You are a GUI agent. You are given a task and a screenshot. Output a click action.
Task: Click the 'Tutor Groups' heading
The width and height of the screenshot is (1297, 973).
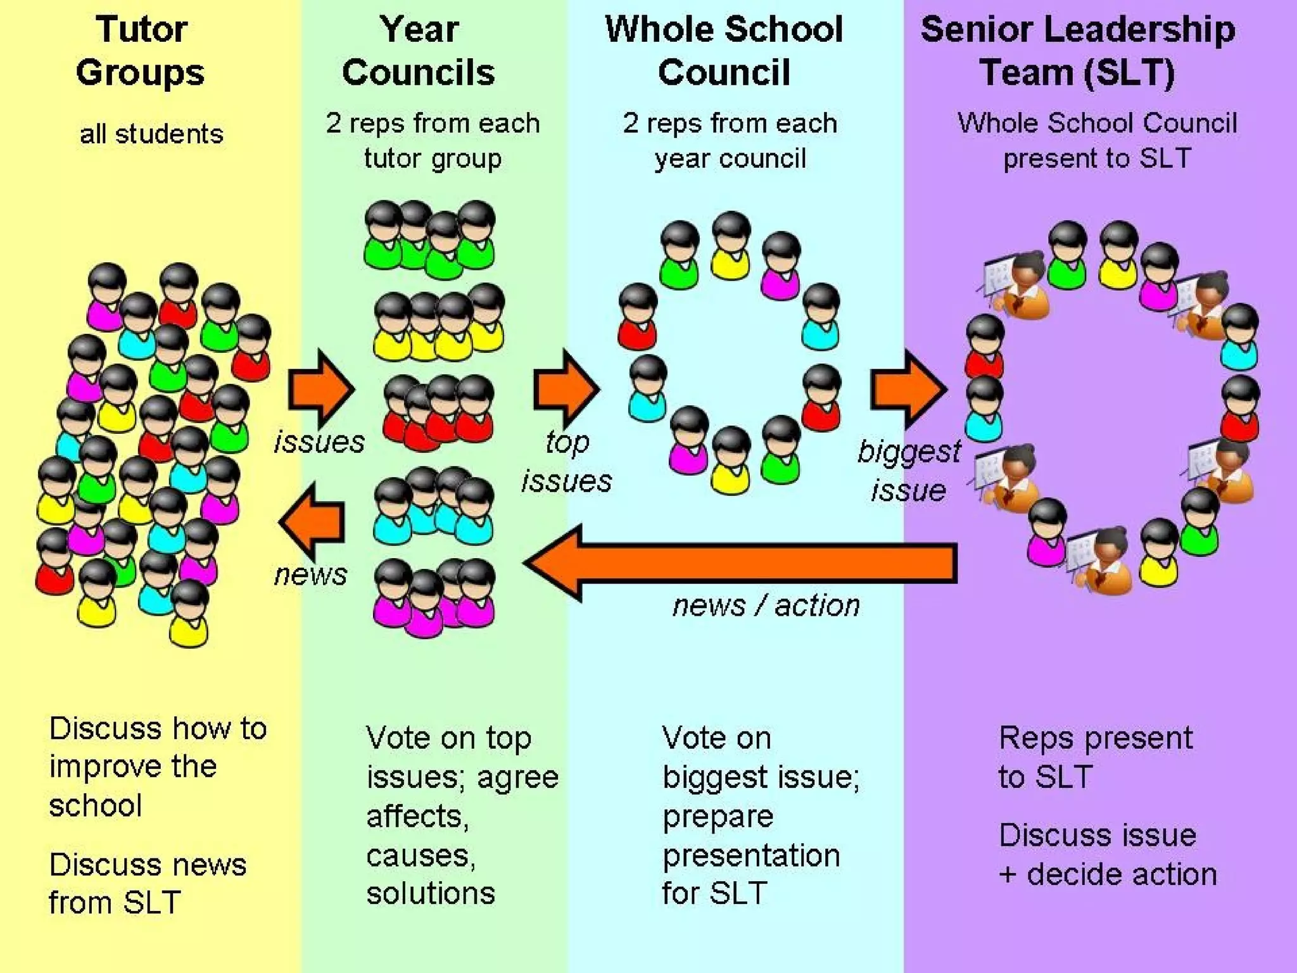pos(141,51)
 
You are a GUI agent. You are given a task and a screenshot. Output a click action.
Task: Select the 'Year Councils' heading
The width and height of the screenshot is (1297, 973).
pos(419,51)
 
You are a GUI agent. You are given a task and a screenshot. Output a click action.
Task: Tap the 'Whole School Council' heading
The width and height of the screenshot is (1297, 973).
pos(724,51)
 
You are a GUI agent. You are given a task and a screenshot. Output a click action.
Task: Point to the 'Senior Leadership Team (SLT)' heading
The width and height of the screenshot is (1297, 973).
pos(1077,51)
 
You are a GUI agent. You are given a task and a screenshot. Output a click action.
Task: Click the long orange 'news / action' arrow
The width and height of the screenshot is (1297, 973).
pos(741,563)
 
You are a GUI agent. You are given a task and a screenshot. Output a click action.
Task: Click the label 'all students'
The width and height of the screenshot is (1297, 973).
pos(151,134)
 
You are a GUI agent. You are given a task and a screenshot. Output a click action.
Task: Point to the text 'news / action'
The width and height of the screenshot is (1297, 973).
pos(766,606)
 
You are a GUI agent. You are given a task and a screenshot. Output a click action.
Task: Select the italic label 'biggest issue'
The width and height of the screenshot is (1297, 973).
pos(909,471)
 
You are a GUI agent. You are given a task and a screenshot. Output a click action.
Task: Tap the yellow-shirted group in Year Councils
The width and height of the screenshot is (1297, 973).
pos(439,323)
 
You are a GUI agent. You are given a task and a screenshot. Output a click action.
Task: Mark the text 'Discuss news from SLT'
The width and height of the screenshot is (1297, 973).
pos(147,883)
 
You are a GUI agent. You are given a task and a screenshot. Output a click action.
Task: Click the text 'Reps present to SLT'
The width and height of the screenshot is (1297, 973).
pos(1095,757)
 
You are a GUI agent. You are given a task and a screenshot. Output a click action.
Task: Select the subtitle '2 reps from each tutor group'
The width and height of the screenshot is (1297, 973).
pos(433,140)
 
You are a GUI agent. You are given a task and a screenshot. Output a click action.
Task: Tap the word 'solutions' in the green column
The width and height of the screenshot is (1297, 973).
pos(431,893)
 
